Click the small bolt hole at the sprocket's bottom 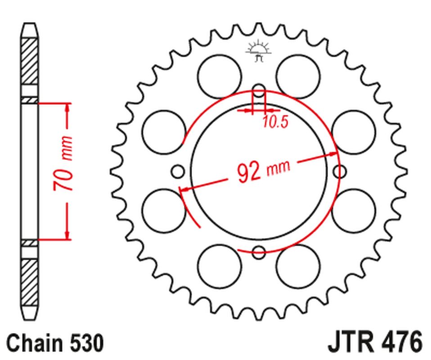pos(259,252)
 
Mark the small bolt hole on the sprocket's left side pos(178,171)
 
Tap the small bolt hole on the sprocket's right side pos(341,171)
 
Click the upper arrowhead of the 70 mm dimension pos(67,108)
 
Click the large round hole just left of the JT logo pos(219,76)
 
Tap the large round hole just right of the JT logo pos(298,76)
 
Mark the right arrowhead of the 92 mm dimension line pos(333,154)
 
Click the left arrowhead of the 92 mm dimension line pos(184,189)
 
